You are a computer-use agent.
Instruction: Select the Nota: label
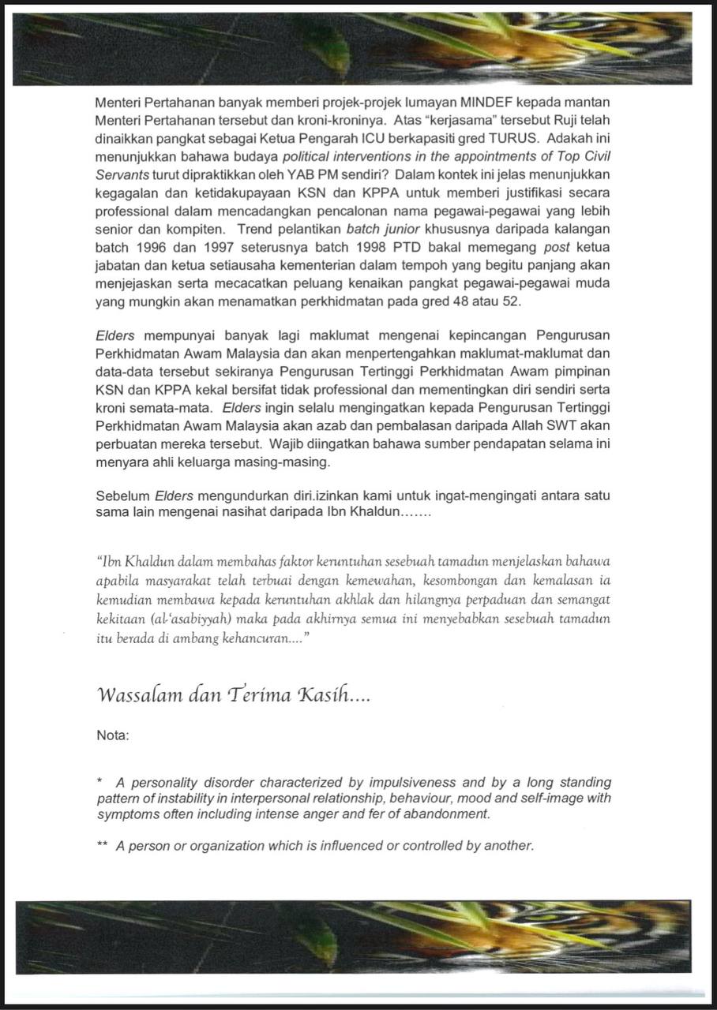[112, 735]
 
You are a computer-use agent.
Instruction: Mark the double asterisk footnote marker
[102, 845]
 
